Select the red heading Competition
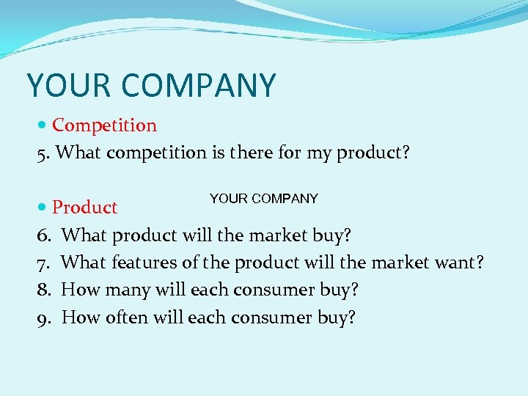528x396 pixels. (104, 125)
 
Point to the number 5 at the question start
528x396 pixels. (41, 153)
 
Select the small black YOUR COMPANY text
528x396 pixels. (263, 199)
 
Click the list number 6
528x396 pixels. (43, 235)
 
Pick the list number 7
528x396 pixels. (43, 263)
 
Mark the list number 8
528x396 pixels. (43, 290)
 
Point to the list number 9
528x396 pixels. (43, 318)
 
